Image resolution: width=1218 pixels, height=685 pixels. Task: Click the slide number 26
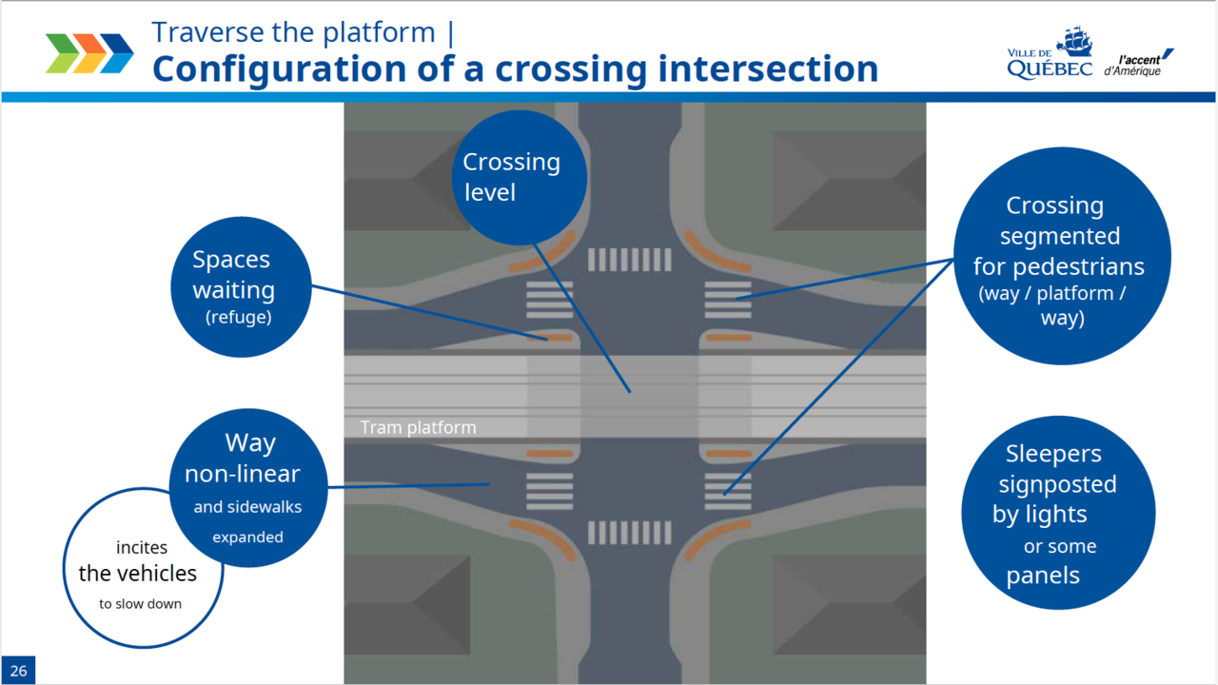(19, 671)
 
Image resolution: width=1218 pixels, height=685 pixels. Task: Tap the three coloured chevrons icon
(89, 53)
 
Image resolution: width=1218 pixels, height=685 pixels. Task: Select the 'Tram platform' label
(418, 428)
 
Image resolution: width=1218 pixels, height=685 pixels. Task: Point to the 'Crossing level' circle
(519, 177)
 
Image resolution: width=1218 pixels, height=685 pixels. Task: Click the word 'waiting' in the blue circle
(233, 289)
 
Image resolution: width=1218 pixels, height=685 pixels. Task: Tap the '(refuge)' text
(238, 318)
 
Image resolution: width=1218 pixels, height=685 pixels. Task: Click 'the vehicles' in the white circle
(137, 574)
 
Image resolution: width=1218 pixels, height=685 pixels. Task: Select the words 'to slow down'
(140, 604)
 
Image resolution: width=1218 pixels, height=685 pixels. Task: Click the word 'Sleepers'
(1053, 454)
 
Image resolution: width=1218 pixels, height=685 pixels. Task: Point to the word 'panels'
(1043, 576)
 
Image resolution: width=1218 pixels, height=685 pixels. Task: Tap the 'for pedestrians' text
(1058, 265)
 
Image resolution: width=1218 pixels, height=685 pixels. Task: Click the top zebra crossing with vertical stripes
(629, 260)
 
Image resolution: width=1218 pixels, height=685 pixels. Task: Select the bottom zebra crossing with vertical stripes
(629, 532)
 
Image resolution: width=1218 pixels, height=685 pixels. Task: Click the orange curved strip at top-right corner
(719, 249)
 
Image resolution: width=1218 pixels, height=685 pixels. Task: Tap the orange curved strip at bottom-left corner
(544, 538)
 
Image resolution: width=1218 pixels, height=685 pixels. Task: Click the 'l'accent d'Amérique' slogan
(1137, 63)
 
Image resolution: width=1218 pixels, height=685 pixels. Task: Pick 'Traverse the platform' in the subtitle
(293, 32)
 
